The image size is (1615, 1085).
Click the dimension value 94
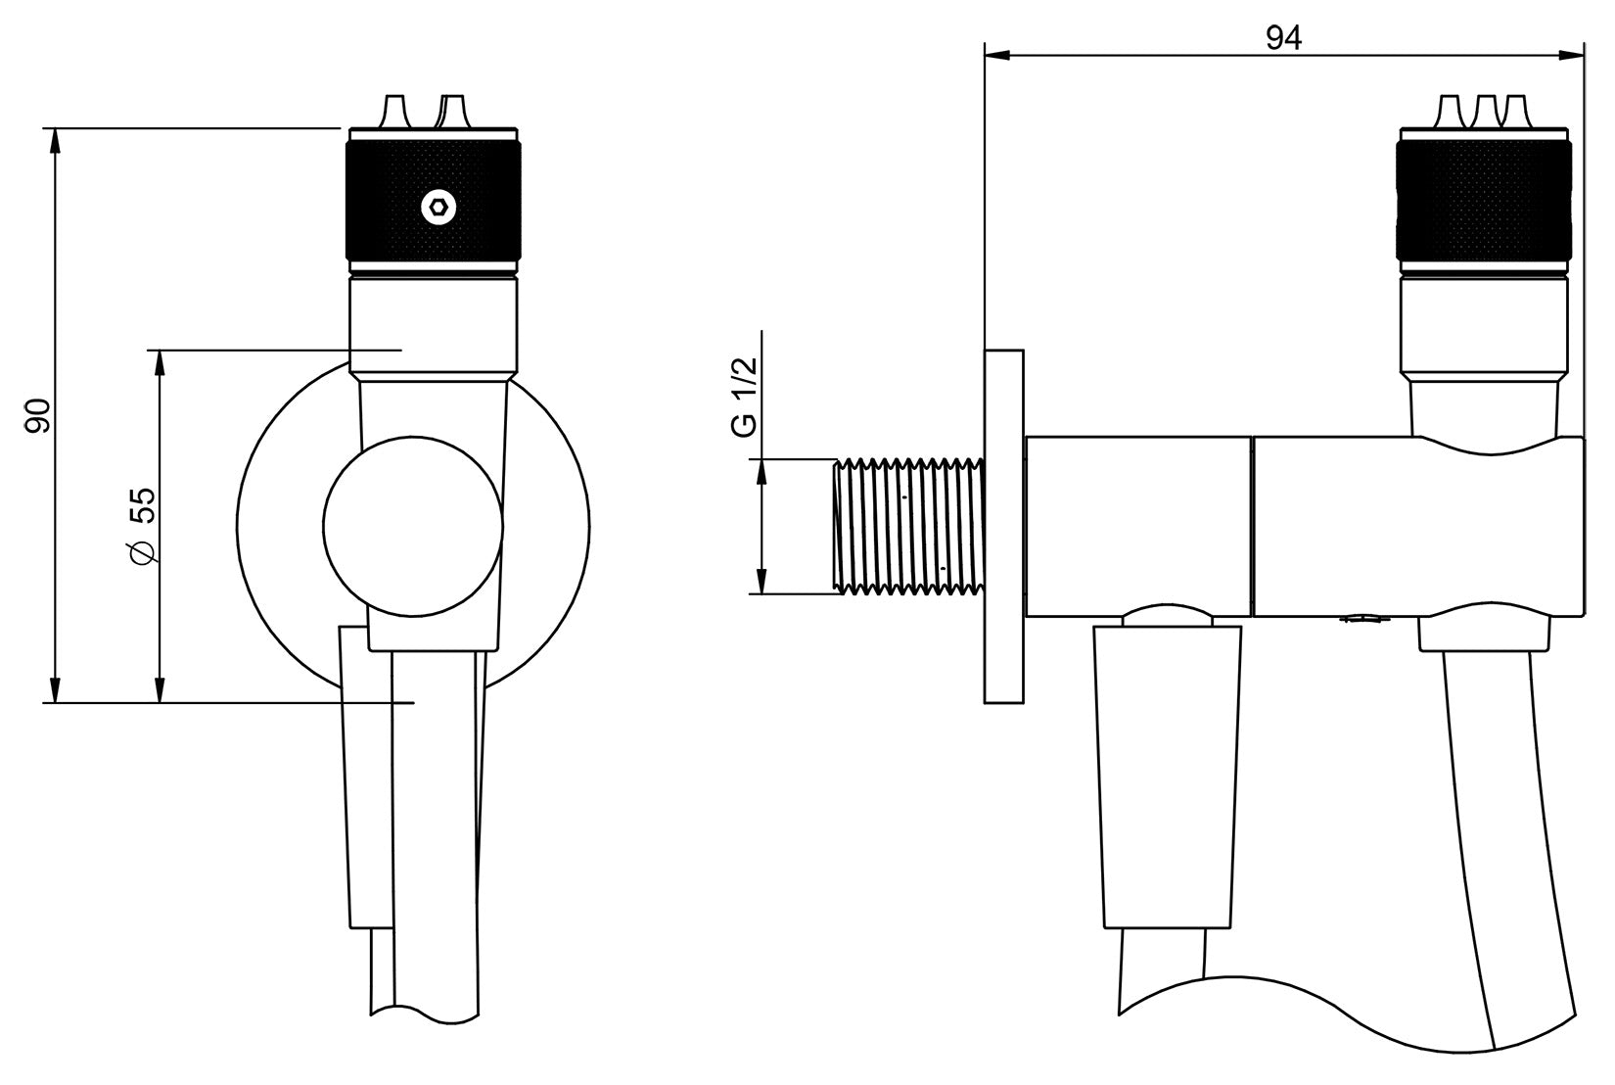pos(1283,38)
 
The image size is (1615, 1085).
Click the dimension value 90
pos(38,415)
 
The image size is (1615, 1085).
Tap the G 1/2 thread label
pos(745,396)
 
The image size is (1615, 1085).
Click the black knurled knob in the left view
pos(434,206)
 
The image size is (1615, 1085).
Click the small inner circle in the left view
pos(413,527)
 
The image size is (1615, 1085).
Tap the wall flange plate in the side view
pos(1004,526)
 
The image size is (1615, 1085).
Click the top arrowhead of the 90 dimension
pos(56,138)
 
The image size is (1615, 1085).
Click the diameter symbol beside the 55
pos(142,554)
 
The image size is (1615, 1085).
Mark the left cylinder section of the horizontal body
pos(1137,526)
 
